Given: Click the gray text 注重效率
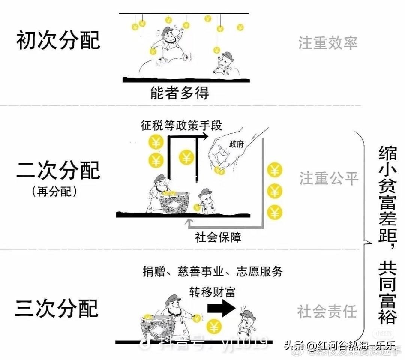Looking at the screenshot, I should pos(328,43).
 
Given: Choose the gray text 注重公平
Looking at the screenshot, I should pos(329,178).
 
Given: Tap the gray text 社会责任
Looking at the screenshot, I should pos(327,311).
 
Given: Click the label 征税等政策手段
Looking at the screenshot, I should pos(181,125).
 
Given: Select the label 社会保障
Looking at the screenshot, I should pos(218,237).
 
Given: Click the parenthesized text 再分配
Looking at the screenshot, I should pos(55,192).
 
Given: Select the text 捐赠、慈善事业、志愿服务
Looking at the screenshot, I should pos(213,271).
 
